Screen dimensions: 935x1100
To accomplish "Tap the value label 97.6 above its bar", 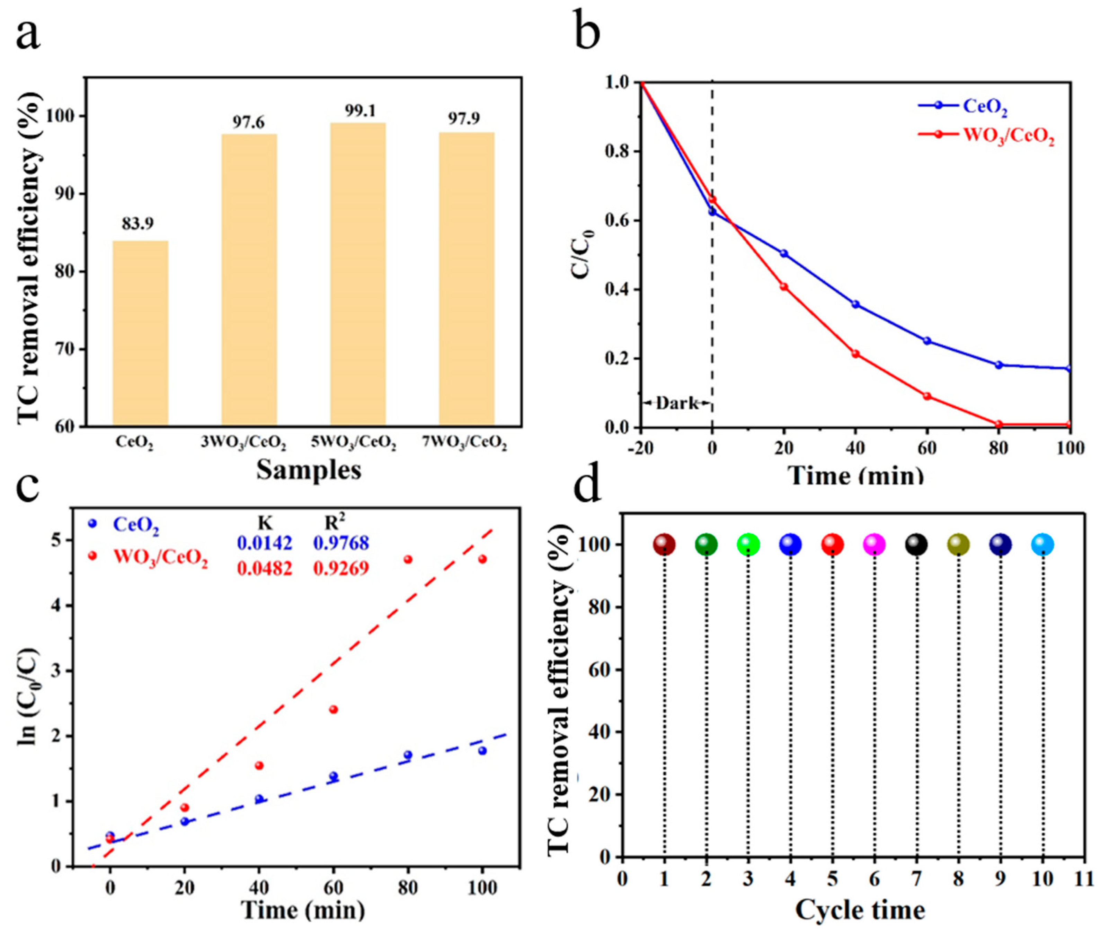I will point(248,122).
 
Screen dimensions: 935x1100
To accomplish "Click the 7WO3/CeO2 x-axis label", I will point(464,443).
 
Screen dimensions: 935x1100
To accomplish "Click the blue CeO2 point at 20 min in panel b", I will point(784,253).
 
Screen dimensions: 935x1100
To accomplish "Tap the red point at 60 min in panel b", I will point(927,396).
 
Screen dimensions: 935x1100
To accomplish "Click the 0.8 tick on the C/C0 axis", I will point(620,151).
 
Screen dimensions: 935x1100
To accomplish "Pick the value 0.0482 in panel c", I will point(264,569).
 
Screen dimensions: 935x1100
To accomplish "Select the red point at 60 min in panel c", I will point(333,710).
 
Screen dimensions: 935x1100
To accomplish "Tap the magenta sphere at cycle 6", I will point(874,544).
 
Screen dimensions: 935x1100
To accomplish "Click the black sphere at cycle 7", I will point(916,544).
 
